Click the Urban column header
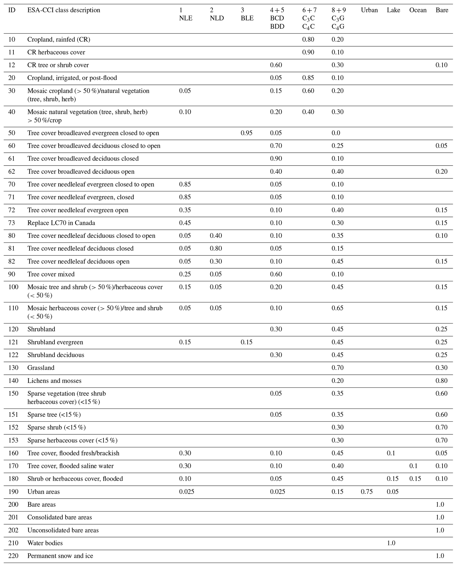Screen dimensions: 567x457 (x=369, y=10)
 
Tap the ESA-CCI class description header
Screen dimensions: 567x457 (x=64, y=10)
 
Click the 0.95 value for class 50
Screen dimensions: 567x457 (x=246, y=133)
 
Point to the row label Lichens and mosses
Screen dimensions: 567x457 (x=54, y=381)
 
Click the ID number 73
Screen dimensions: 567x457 (x=11, y=223)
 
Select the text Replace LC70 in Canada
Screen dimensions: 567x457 (x=61, y=223)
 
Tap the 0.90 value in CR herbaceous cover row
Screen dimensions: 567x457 (x=308, y=52)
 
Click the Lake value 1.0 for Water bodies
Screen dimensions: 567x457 (x=391, y=543)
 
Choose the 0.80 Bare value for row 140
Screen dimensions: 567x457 (x=442, y=381)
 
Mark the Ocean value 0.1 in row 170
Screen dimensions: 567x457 (x=413, y=466)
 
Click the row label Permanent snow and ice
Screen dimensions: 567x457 (x=60, y=556)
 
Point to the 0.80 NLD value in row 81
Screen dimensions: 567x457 (x=216, y=249)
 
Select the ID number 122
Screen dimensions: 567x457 (x=13, y=355)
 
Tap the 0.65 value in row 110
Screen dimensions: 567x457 (x=337, y=308)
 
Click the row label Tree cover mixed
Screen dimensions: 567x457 (x=51, y=274)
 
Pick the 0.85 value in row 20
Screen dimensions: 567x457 (x=308, y=78)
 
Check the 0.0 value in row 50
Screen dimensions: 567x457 (x=336, y=133)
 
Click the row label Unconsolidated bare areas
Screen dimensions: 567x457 (x=63, y=530)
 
